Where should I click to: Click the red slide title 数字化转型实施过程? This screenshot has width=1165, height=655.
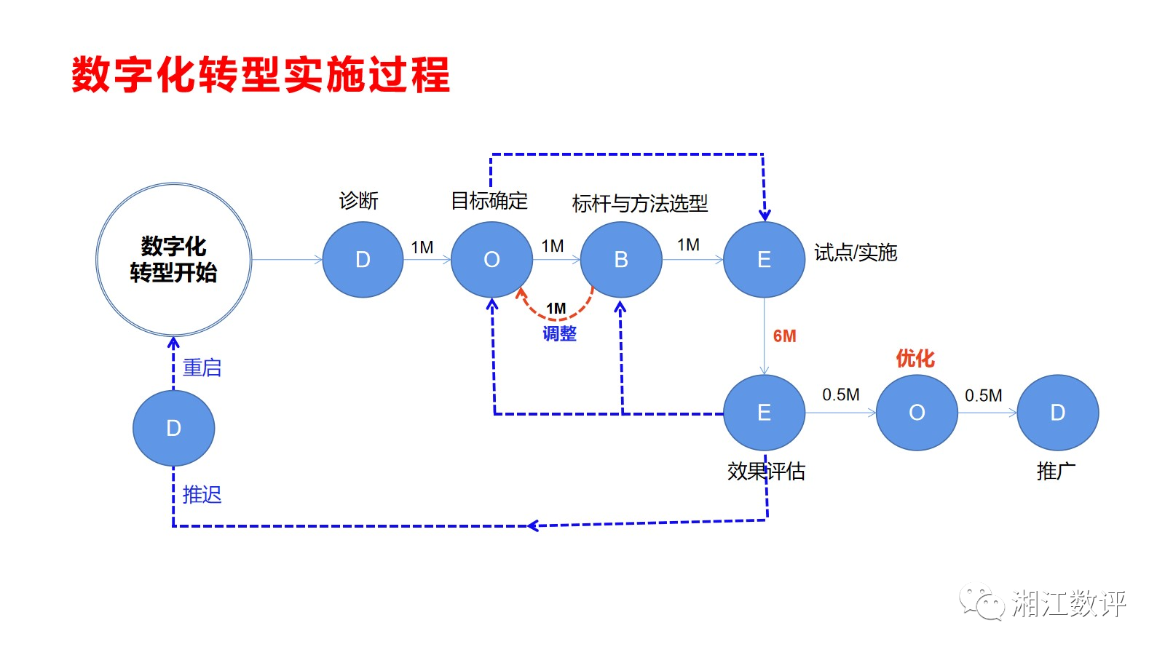261,74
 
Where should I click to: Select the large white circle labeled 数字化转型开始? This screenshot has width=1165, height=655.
174,259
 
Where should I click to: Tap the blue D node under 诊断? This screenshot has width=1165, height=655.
363,260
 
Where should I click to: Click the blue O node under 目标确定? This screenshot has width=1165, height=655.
491,260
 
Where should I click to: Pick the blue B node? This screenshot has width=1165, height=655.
620,260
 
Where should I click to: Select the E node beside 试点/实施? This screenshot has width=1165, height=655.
764,260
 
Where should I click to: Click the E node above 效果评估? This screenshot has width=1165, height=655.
764,413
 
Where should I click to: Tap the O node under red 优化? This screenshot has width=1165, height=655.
917,413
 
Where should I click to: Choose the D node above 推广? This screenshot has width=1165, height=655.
1057,413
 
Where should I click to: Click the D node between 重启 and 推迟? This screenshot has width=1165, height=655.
173,428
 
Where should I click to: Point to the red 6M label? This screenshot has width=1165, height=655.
784,336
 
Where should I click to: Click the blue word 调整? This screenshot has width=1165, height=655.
559,334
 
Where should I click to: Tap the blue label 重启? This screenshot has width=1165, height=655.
202,368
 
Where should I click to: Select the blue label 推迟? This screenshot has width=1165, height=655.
202,495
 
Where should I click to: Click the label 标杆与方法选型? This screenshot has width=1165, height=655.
640,204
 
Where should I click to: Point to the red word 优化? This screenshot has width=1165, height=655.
915,358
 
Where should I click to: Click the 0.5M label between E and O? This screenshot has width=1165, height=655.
840,394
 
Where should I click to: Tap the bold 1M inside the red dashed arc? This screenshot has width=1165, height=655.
556,309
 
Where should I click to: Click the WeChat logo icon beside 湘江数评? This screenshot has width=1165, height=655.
980,603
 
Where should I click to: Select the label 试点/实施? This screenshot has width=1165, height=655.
856,253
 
